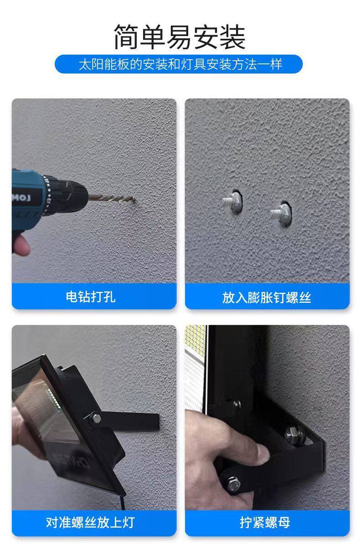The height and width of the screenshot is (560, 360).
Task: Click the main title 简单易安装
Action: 180,37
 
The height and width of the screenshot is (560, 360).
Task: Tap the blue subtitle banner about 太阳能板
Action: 179,64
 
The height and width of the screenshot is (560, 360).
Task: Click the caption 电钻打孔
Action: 91,297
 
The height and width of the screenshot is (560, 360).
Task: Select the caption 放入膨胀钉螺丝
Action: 267,297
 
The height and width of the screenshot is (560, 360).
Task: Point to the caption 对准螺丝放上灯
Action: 90,522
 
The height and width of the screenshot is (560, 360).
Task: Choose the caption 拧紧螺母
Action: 265,523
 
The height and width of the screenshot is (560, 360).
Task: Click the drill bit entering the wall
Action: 112,198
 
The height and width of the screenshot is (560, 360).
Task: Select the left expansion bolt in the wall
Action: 232,201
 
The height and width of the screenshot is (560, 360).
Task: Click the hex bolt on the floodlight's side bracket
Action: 95,418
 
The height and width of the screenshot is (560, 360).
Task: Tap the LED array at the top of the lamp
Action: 195,338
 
